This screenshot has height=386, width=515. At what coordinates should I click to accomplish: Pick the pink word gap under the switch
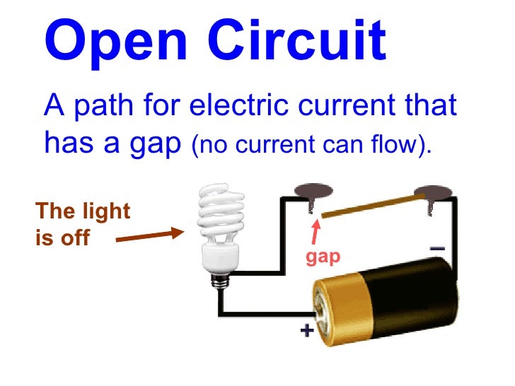pyautogui.click(x=323, y=256)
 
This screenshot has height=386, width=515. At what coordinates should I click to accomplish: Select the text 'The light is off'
pyautogui.click(x=83, y=224)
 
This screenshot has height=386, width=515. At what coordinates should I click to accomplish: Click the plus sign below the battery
pyautogui.click(x=307, y=331)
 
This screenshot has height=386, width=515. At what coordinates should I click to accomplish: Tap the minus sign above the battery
pyautogui.click(x=437, y=248)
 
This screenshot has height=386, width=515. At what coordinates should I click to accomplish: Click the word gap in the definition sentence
pyautogui.click(x=150, y=145)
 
